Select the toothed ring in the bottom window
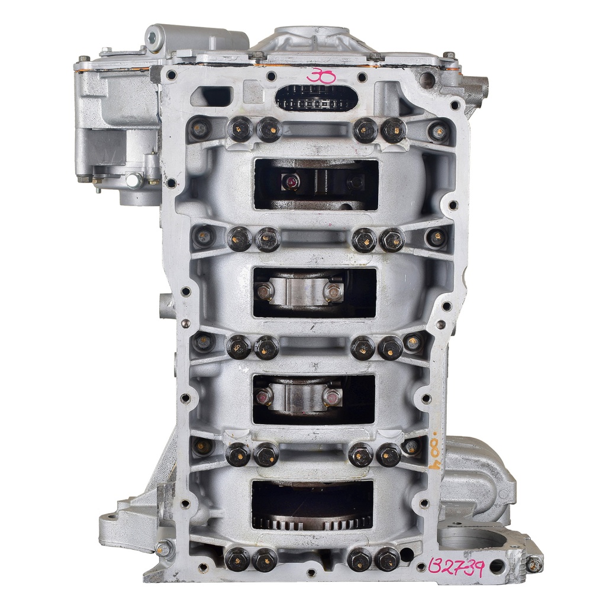(312, 521)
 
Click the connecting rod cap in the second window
(299, 291)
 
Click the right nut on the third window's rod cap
(333, 397)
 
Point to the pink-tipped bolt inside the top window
(291, 182)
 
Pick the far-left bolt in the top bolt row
(201, 127)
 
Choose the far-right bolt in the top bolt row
(437, 131)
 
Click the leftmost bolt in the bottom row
(237, 558)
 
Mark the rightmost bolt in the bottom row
(387, 558)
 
